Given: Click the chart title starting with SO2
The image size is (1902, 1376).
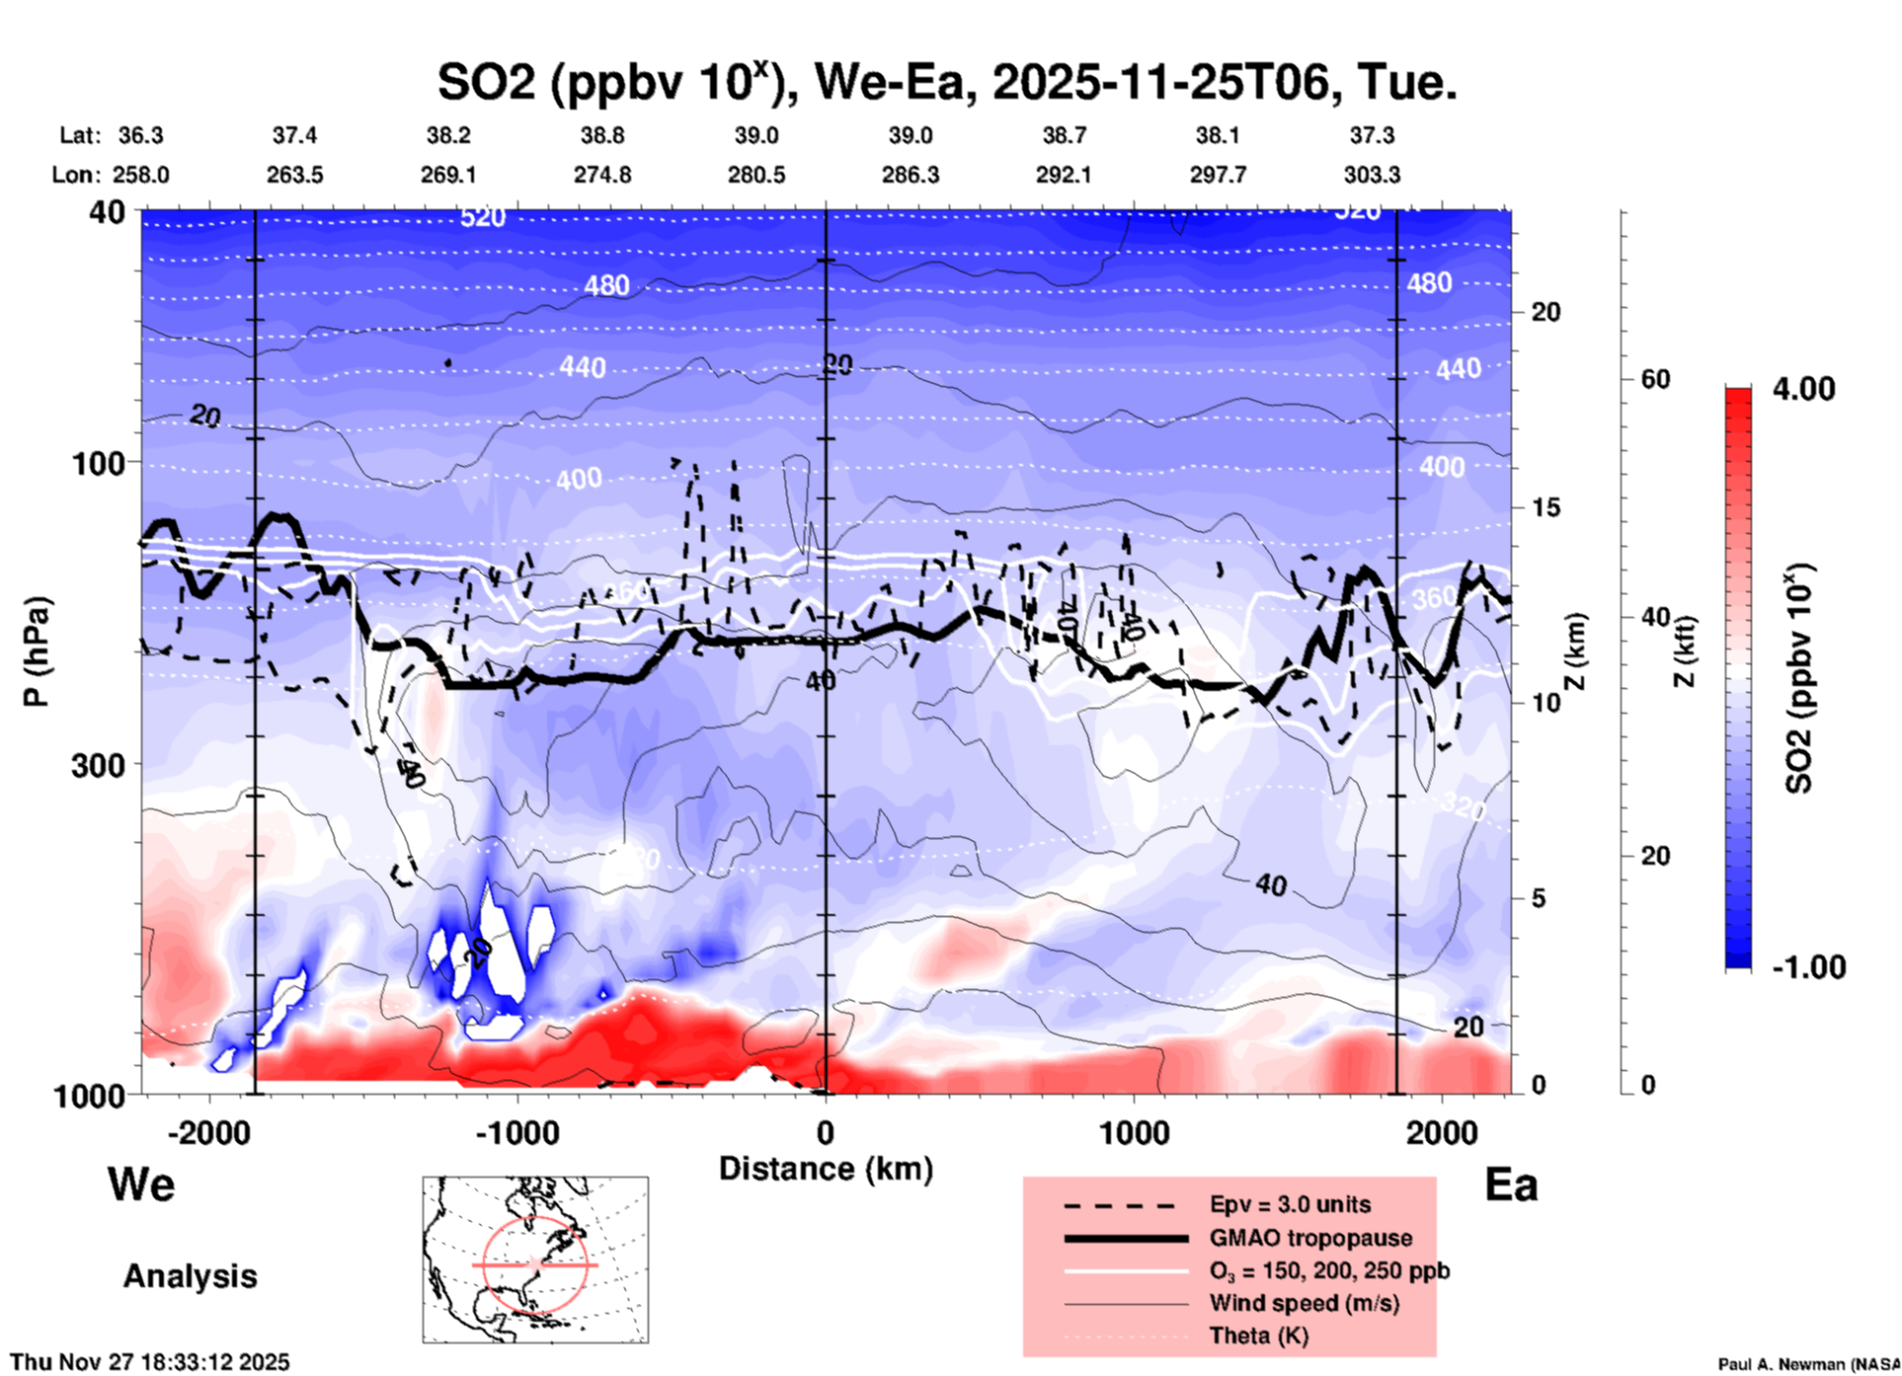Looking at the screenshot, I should click(x=946, y=83).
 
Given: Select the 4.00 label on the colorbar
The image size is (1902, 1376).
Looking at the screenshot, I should click(x=1803, y=389).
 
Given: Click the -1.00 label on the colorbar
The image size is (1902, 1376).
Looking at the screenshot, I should click(x=1808, y=967).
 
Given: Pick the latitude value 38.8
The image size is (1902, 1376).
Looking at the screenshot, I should click(x=601, y=135).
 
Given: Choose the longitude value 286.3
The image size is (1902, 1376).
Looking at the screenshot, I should click(x=910, y=176).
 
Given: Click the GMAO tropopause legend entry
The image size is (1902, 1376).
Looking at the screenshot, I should click(x=1310, y=1238).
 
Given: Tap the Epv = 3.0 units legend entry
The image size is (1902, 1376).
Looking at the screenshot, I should click(x=1290, y=1204).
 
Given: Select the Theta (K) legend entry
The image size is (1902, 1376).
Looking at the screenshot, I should click(x=1258, y=1336).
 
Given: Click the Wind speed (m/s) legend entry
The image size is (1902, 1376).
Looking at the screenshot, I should click(x=1304, y=1303).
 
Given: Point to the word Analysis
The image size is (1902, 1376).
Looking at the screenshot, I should click(x=190, y=1276).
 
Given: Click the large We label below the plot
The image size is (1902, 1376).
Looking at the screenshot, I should click(x=141, y=1185).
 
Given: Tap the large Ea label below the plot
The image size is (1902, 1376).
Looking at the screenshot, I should click(x=1511, y=1185).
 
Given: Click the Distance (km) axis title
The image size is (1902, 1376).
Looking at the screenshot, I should click(x=826, y=1169).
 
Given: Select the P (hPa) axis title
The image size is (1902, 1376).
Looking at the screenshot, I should click(x=37, y=651).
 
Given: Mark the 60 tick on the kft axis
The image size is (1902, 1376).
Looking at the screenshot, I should click(x=1655, y=379).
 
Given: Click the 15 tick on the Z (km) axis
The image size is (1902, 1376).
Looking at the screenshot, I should click(x=1545, y=508).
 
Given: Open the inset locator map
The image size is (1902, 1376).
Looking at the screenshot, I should click(x=535, y=1260).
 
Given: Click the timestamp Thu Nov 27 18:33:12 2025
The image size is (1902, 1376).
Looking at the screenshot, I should click(x=150, y=1362).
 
